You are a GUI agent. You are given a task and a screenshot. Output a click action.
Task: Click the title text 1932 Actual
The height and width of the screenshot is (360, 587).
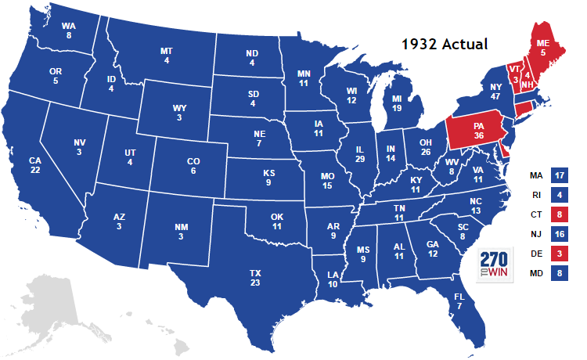[x=445, y=44]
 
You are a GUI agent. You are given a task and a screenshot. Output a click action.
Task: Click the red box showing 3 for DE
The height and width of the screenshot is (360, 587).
[x=558, y=254]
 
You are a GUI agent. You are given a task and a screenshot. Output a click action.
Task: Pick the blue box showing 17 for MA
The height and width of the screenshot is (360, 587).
[x=558, y=175]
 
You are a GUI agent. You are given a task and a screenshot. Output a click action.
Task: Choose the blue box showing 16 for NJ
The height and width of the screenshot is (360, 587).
[x=558, y=234]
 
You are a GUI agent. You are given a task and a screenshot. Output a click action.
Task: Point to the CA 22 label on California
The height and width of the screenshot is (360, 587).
[x=35, y=166]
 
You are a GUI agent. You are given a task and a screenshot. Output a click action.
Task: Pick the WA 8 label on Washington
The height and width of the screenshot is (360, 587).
[x=69, y=30]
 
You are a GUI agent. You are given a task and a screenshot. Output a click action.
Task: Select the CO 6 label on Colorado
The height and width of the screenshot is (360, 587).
[x=193, y=166]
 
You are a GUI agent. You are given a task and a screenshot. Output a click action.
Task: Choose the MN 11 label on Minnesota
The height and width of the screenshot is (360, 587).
[x=304, y=78]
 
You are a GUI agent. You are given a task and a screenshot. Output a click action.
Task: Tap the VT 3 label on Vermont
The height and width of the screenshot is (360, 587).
[x=514, y=73]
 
